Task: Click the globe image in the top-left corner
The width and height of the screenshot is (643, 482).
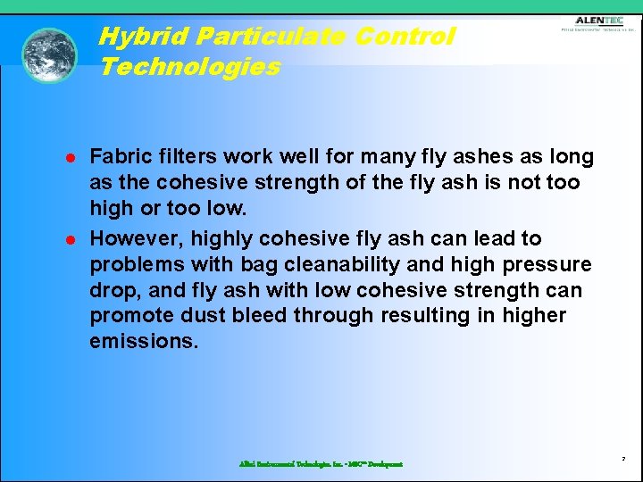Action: click(50, 54)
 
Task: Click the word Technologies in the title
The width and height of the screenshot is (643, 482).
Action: click(190, 67)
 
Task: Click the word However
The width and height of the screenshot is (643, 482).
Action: click(131, 238)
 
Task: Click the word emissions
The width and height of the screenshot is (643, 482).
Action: click(143, 341)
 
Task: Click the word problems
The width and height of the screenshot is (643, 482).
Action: click(129, 264)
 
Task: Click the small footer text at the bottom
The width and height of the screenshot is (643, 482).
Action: click(321, 464)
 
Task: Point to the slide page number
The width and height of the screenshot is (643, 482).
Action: click(624, 459)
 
